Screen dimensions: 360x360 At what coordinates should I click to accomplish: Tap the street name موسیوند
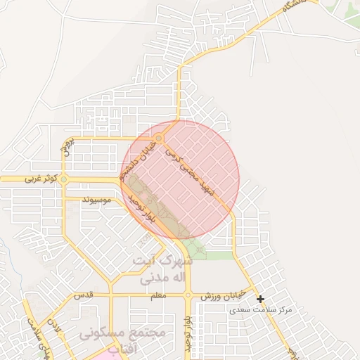coord(98,200)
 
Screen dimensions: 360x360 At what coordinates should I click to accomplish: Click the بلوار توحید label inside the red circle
coord(145,208)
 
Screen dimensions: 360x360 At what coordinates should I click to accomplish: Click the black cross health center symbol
coord(260,300)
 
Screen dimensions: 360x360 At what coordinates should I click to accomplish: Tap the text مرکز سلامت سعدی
coord(264,309)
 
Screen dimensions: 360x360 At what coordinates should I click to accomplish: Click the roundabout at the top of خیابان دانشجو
coord(160,139)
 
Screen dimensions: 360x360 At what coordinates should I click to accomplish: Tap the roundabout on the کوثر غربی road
coord(64,180)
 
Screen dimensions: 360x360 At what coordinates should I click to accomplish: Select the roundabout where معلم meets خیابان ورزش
coord(188,296)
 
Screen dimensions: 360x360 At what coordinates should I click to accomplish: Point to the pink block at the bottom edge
coord(105,355)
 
